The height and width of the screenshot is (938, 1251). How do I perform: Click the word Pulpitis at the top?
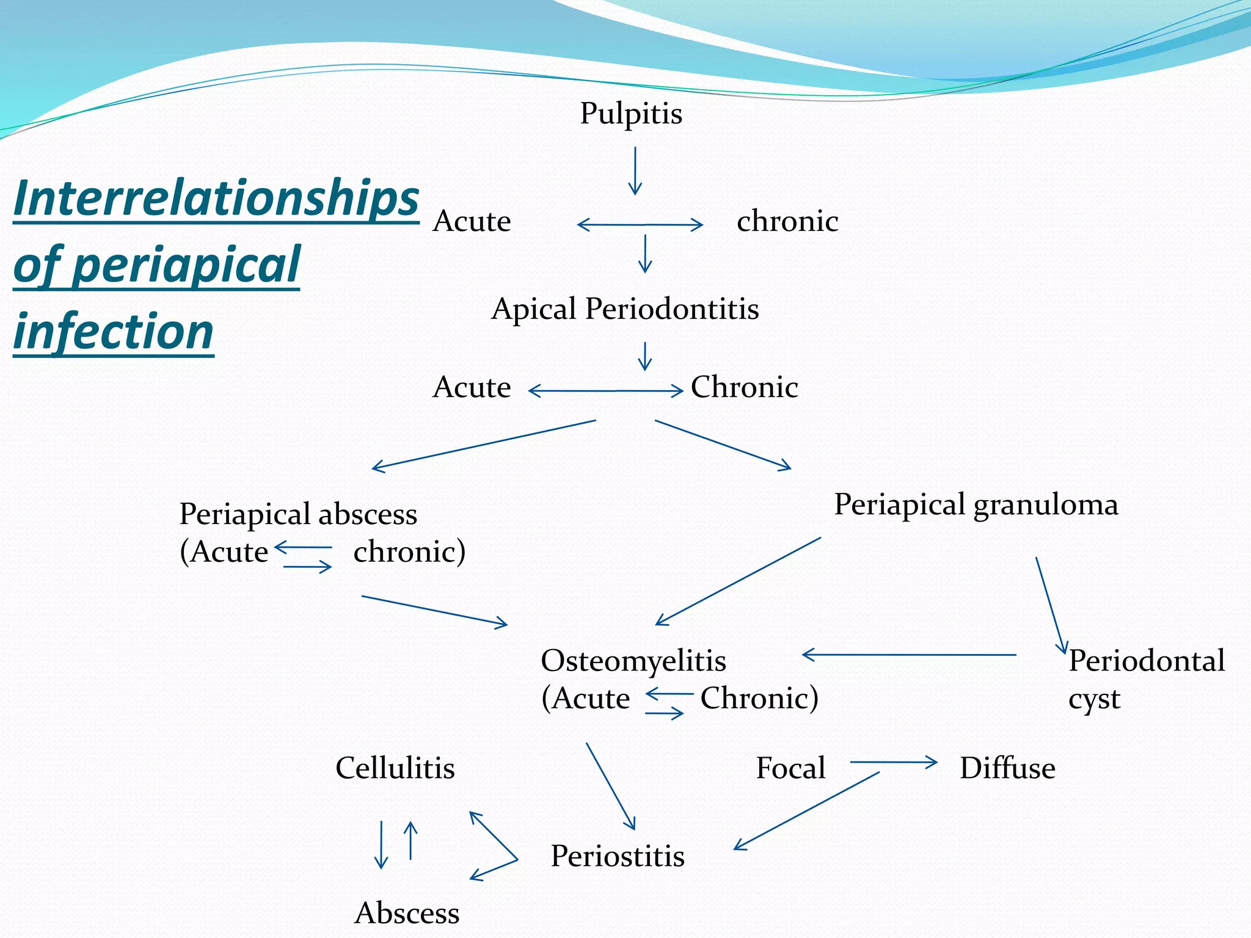point(631,114)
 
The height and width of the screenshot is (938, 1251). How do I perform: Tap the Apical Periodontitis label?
point(625,309)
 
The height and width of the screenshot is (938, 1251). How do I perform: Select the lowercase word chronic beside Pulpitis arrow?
point(787,221)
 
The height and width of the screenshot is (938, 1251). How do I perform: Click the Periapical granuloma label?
point(976,505)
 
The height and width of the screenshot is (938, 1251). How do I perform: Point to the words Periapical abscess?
point(298,514)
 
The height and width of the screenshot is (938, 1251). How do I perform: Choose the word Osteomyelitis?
point(633,661)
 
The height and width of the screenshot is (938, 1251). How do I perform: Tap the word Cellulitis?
point(395,768)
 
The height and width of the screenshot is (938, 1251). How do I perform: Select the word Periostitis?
point(618,856)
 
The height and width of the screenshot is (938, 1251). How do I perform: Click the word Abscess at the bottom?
point(407,914)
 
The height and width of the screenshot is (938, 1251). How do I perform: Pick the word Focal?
point(790,768)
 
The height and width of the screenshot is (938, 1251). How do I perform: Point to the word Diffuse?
point(1007,768)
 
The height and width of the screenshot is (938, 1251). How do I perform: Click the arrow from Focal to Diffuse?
point(893,762)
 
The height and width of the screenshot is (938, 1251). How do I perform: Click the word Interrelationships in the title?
point(216,198)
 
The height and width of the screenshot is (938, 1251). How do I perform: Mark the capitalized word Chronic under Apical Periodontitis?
point(744,387)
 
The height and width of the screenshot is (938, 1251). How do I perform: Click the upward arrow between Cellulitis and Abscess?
point(411,840)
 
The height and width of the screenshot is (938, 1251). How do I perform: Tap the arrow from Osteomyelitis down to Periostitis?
point(611,786)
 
